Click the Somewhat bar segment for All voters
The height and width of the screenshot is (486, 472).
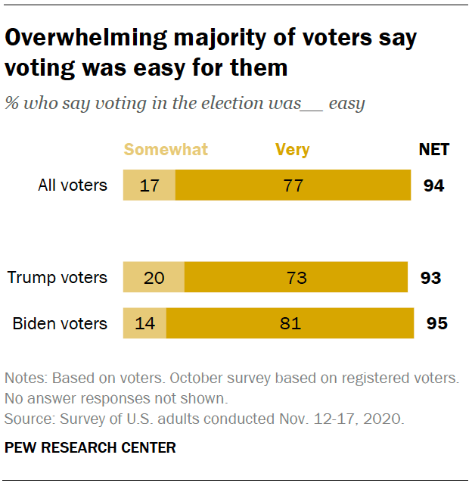149,185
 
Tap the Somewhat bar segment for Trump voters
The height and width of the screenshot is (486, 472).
154,278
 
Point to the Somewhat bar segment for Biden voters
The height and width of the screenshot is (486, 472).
144,323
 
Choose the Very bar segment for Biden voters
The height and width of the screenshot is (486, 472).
290,323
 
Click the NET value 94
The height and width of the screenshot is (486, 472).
433,185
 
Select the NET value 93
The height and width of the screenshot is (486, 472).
430,278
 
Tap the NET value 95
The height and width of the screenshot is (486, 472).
436,323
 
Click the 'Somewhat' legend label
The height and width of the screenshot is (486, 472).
166,149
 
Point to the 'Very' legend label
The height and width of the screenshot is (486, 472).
292,149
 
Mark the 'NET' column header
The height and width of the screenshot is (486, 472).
433,149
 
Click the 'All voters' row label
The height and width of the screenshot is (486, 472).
73,185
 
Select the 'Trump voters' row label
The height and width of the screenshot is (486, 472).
57,278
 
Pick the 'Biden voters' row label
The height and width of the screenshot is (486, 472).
60,323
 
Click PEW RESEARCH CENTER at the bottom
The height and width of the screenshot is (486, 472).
90,447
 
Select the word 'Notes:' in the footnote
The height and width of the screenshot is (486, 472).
25,378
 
